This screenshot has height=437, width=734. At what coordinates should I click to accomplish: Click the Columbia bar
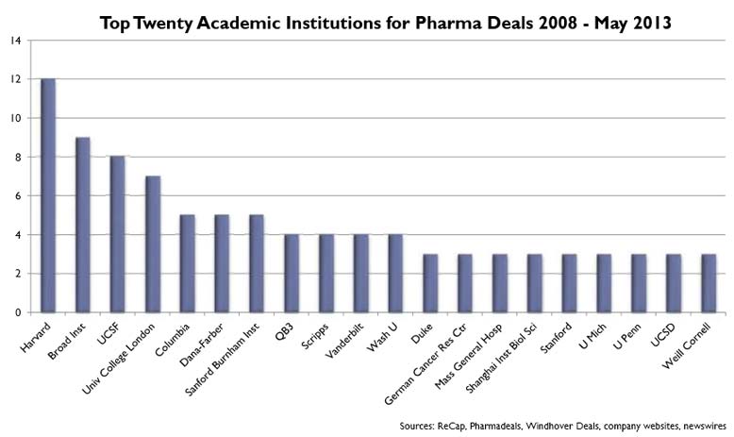[x=187, y=263]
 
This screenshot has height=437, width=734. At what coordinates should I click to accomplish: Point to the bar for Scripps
[x=326, y=273]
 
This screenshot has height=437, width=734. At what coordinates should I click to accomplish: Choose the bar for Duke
[x=430, y=282]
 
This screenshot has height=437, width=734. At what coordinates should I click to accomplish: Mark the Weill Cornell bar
[x=709, y=282]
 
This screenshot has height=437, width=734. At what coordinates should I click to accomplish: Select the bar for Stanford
[x=569, y=282]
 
